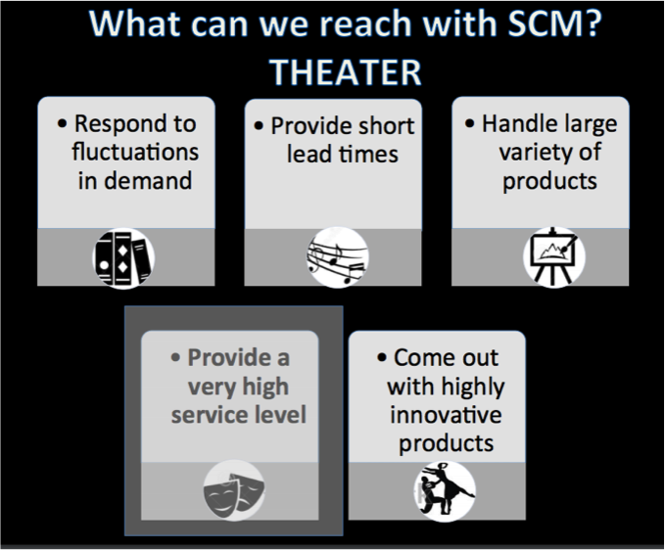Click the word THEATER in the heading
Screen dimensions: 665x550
[x=345, y=71]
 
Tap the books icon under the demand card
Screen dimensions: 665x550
[x=123, y=256]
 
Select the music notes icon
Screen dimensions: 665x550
[x=336, y=257]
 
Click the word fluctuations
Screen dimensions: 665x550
[x=134, y=152]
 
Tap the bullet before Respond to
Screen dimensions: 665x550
[x=63, y=124]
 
